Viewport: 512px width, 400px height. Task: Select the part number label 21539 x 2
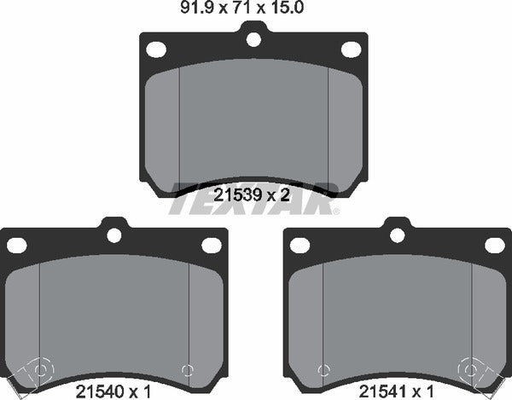tap(253, 194)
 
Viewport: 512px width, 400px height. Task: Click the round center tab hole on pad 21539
tap(253, 38)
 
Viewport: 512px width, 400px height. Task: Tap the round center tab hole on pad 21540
tap(113, 235)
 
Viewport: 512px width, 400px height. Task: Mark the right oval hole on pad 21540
tap(211, 246)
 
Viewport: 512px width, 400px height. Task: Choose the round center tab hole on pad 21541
tap(396, 235)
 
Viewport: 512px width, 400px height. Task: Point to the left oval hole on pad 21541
tap(300, 246)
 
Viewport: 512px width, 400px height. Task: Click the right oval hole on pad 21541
tap(494, 246)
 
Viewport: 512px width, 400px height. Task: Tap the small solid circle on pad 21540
tap(187, 369)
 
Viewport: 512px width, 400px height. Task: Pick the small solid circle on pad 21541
tap(323, 369)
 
